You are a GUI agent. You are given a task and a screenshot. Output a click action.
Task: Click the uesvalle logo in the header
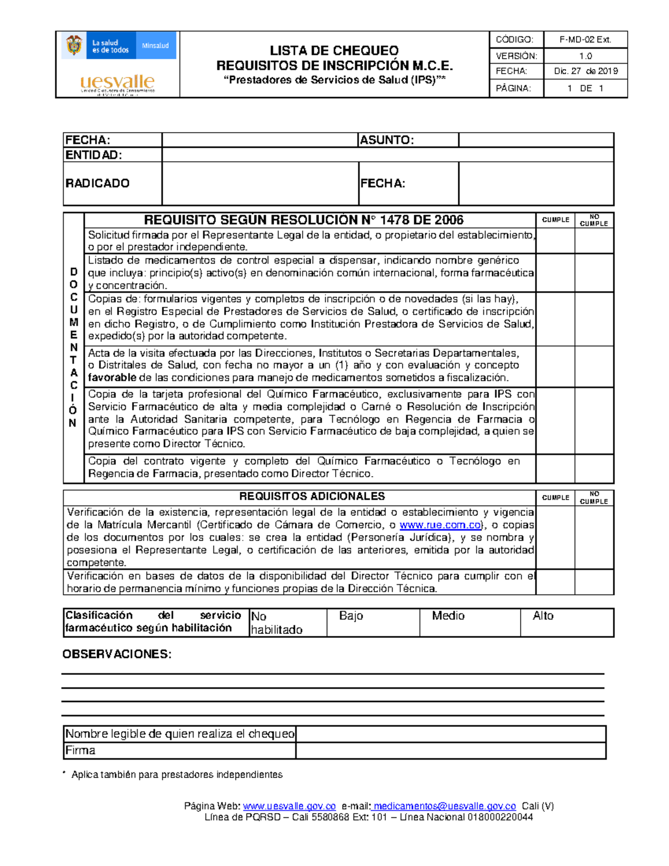(x=117, y=84)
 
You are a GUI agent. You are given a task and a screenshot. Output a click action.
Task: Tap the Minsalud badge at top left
(x=155, y=46)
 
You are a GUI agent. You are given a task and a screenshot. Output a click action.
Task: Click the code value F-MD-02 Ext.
(x=585, y=40)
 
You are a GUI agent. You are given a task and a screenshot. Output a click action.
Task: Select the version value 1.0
(x=585, y=56)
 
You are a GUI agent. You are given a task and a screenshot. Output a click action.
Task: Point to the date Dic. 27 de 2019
(x=585, y=71)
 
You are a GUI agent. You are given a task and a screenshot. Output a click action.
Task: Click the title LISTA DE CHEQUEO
(x=334, y=51)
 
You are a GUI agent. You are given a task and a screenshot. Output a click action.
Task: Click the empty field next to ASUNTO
(x=536, y=140)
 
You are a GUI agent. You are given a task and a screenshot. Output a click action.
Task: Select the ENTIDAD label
(x=93, y=155)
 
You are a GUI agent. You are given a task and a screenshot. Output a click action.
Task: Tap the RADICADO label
(x=98, y=183)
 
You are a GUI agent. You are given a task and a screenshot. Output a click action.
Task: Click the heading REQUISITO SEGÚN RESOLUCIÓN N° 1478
(x=304, y=220)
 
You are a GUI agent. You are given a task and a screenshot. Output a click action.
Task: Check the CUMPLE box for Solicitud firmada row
(x=555, y=241)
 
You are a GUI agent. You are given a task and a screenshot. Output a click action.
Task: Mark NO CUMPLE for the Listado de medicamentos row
(x=594, y=273)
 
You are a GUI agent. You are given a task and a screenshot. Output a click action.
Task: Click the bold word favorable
(x=112, y=378)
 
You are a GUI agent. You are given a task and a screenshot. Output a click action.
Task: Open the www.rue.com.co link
(x=440, y=525)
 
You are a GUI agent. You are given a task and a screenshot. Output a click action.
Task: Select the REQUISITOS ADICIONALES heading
(x=312, y=496)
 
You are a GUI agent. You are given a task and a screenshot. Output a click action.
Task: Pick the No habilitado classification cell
(x=287, y=622)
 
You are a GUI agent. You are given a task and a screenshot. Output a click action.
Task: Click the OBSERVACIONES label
(x=117, y=654)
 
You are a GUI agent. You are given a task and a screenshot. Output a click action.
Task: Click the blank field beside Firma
(x=450, y=751)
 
